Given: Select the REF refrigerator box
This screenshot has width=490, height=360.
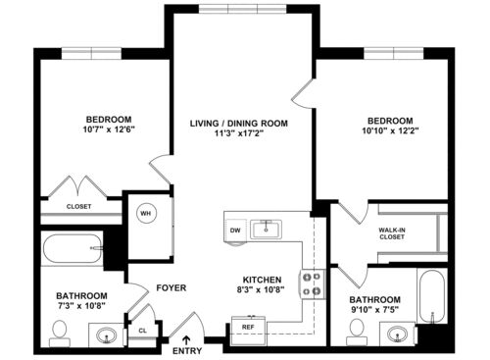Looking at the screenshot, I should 248,327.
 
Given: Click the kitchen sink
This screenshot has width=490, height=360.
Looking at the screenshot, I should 267,229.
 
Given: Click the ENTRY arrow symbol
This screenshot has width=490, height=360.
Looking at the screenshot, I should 186,339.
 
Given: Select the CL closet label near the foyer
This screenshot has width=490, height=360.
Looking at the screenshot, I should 143,332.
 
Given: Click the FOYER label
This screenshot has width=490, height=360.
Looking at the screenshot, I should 171,287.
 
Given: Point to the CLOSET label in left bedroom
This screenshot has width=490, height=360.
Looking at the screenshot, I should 79,207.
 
